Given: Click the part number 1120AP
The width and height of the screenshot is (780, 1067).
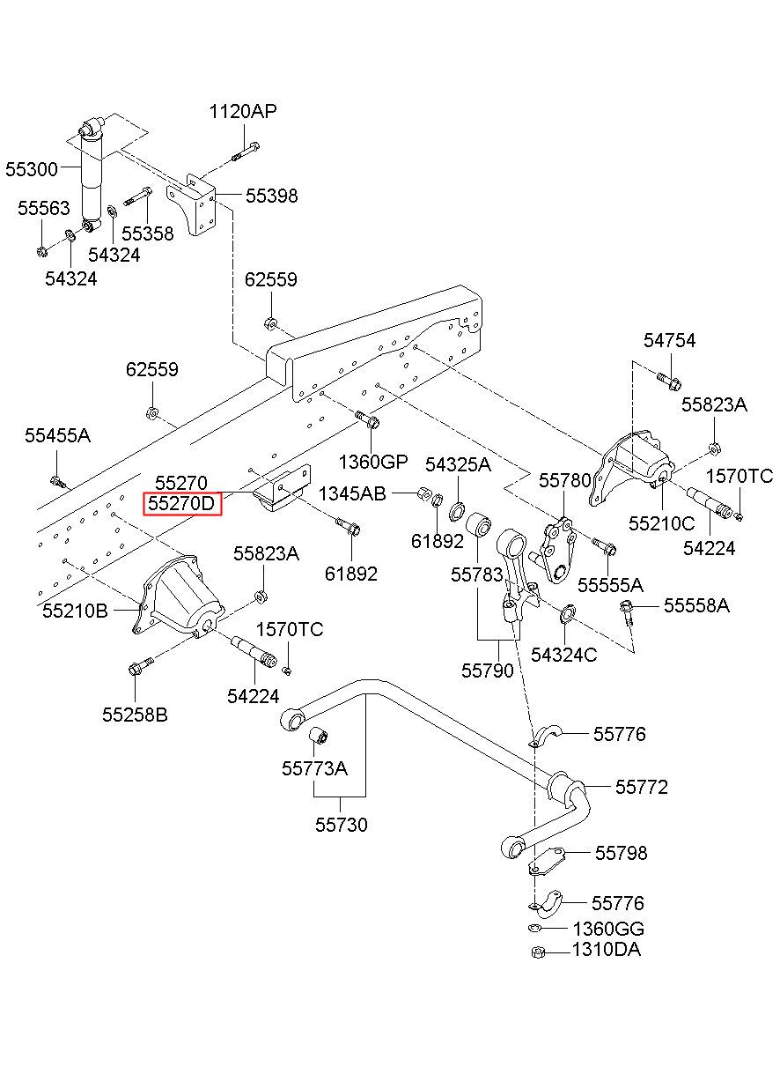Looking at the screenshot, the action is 243,111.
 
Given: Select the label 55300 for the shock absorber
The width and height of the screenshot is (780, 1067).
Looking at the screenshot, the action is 32,169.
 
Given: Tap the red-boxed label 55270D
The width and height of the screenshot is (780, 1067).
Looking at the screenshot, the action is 181,503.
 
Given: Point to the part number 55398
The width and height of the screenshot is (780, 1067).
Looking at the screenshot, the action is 272,196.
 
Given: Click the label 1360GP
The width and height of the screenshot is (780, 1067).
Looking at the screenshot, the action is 373,461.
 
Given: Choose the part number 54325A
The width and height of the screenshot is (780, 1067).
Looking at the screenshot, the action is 458,464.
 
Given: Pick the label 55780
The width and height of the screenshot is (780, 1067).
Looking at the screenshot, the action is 564,480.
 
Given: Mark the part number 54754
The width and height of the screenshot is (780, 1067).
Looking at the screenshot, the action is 670,340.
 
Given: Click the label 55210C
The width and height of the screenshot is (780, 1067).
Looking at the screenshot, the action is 661,523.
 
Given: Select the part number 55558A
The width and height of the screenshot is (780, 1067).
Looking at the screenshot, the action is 696,605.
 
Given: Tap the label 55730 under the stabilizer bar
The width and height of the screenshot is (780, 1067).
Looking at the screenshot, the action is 342,824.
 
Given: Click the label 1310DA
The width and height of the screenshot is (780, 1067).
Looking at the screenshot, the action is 607,949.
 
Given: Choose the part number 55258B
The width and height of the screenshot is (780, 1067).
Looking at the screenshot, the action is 136,715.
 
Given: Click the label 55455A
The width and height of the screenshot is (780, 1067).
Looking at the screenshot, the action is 57,435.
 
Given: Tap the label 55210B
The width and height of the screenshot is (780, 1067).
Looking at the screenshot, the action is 75,611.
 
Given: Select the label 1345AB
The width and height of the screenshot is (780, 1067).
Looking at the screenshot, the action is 352,494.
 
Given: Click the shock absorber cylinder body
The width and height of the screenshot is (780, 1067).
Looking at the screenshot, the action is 92,179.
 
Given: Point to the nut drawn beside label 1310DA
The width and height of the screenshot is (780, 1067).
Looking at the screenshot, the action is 538,952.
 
